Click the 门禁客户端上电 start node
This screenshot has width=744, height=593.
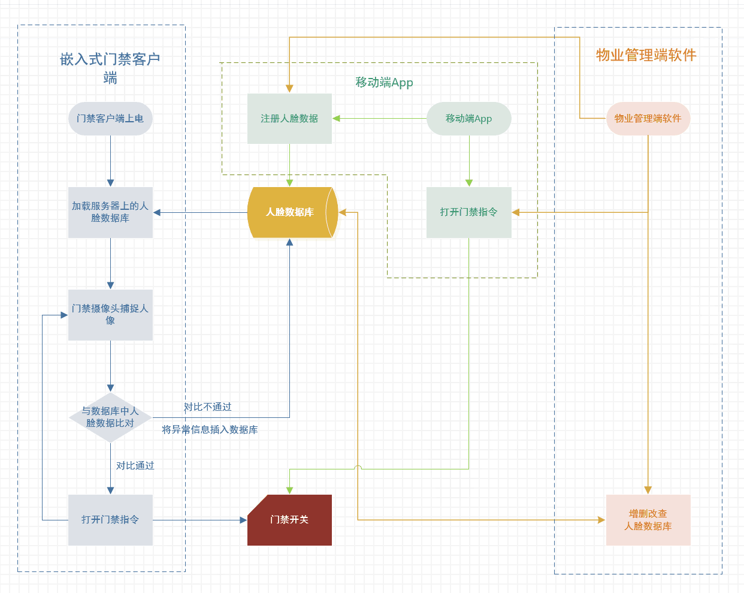(x=110, y=119)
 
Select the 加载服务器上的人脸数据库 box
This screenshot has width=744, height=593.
(x=110, y=212)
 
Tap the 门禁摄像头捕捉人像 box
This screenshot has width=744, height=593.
(x=110, y=315)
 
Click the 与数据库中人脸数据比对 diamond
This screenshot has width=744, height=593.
(x=110, y=417)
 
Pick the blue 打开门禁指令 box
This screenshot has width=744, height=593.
(x=110, y=520)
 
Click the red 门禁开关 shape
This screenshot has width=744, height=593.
(x=289, y=520)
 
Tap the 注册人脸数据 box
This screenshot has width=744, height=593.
(x=289, y=119)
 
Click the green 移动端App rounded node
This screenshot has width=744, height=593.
(x=468, y=119)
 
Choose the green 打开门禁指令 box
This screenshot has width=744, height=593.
(x=468, y=212)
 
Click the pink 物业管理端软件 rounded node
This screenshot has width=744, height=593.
(x=648, y=119)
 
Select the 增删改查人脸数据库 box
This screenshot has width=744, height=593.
(x=648, y=520)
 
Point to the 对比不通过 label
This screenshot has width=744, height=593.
(x=207, y=407)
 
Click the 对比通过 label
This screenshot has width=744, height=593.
(x=135, y=466)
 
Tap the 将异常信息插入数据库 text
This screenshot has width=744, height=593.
(x=210, y=430)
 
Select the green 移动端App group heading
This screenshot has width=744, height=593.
(x=384, y=83)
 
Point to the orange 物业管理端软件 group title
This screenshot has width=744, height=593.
(x=646, y=55)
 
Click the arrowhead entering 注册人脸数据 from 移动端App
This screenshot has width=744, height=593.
(x=337, y=119)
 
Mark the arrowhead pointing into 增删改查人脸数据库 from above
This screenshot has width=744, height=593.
(x=648, y=490)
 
